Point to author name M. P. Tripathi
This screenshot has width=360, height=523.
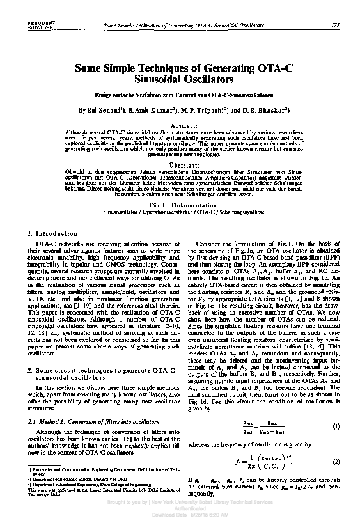(202, 109)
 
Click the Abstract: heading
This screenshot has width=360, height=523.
(180, 127)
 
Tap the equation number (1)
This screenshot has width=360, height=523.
(336, 426)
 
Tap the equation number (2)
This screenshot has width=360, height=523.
(336, 462)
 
